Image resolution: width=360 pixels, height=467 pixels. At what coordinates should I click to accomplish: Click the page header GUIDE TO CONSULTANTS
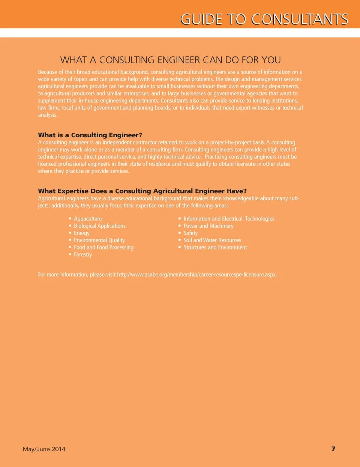click(264, 19)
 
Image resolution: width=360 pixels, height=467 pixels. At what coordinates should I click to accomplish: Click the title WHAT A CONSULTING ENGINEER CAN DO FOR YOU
click(170, 60)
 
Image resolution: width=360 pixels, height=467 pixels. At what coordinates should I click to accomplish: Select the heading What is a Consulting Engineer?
click(90, 135)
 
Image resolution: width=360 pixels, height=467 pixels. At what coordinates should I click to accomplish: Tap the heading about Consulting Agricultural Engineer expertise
click(142, 191)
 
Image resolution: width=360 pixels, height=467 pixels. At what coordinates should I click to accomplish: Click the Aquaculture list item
click(88, 219)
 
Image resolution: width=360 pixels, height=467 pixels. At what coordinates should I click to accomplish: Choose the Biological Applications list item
click(99, 226)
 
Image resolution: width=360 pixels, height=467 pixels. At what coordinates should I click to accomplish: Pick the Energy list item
click(82, 233)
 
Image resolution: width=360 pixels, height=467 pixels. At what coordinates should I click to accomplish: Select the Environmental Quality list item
click(99, 240)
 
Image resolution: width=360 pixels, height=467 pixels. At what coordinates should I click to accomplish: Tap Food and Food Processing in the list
click(103, 247)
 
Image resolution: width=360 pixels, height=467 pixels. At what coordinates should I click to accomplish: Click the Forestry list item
click(83, 254)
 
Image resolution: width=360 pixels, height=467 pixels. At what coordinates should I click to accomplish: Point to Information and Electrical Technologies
click(229, 219)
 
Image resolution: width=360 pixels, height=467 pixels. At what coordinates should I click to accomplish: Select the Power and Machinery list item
click(208, 226)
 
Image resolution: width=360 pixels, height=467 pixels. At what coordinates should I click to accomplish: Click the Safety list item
click(190, 233)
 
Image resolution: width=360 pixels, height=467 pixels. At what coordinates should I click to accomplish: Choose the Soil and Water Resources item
click(212, 240)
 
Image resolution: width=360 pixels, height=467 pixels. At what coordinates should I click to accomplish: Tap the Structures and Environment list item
click(215, 247)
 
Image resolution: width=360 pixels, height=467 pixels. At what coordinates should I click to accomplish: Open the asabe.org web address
click(196, 275)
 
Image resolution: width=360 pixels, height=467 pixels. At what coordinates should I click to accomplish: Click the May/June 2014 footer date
click(44, 449)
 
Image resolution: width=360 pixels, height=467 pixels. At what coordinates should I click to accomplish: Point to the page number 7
click(333, 449)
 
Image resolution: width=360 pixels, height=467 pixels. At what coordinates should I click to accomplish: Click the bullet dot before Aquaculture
click(70, 218)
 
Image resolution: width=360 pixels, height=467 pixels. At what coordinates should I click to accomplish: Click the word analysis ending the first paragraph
click(48, 115)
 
